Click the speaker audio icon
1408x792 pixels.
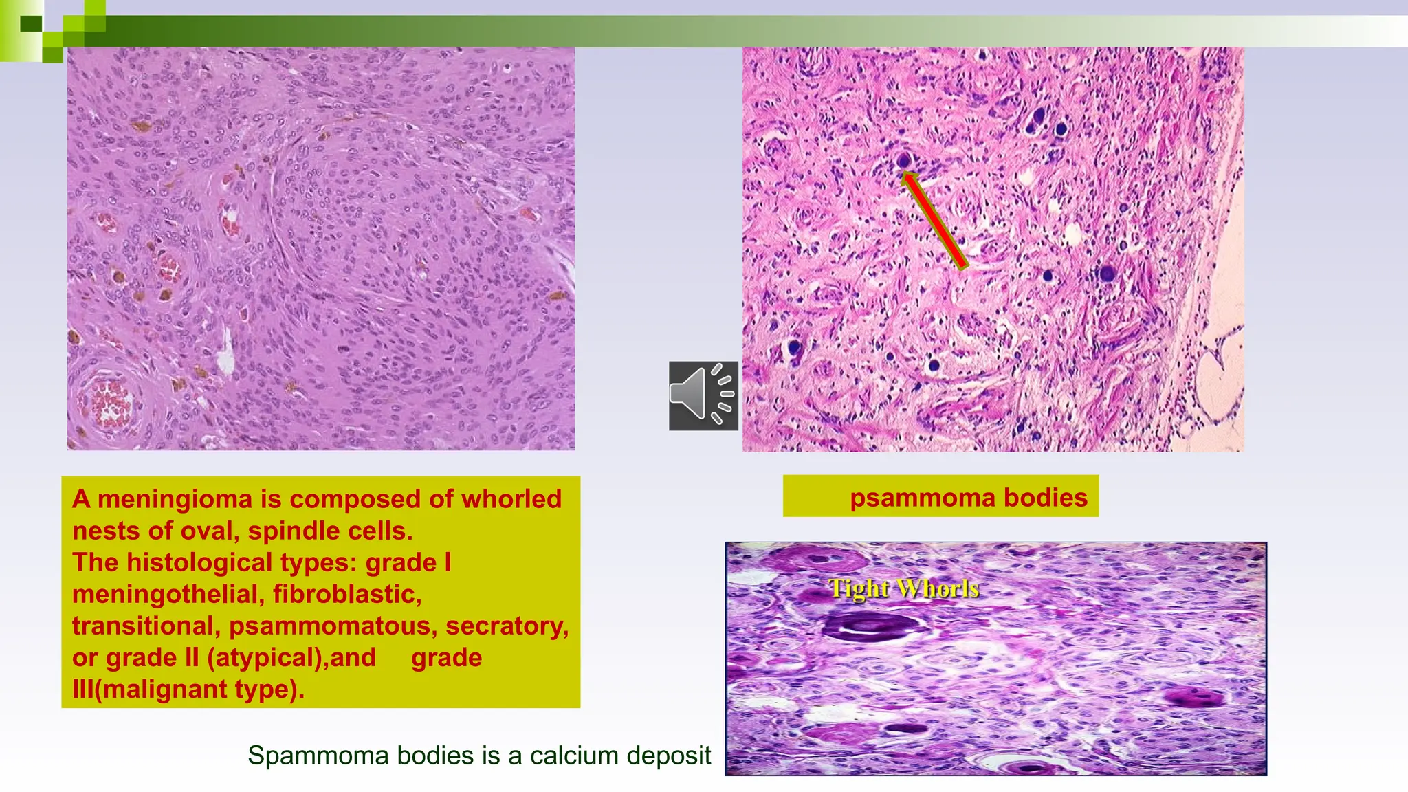(703, 396)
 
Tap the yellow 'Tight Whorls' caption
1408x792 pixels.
(903, 588)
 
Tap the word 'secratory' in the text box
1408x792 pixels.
(507, 626)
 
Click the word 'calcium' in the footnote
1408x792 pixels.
(570, 756)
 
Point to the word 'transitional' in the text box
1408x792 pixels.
(146, 626)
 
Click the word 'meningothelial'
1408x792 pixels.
(168, 594)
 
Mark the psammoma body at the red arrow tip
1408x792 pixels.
(904, 161)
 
